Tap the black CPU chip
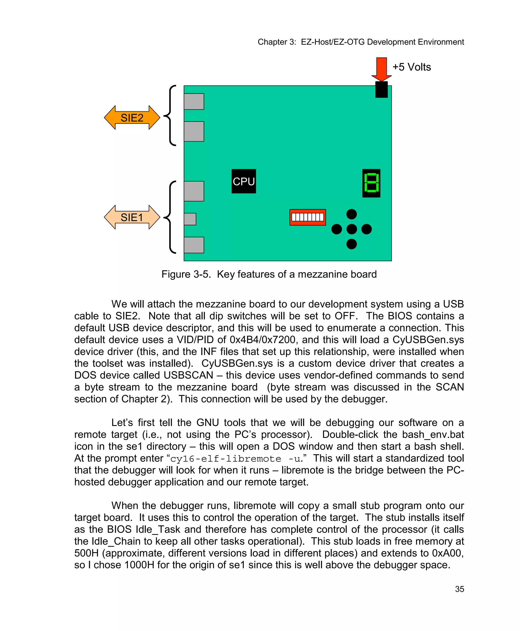pyautogui.click(x=243, y=181)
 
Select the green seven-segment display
pyautogui.click(x=371, y=183)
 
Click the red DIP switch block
pyautogui.click(x=308, y=217)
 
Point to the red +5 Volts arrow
pyautogui.click(x=381, y=69)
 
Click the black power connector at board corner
pyautogui.click(x=381, y=90)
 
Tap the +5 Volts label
pyautogui.click(x=412, y=67)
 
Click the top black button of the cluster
pyautogui.click(x=351, y=214)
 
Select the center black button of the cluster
pyautogui.click(x=351, y=229)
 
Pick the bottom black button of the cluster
pyautogui.click(x=351, y=244)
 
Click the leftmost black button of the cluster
pyautogui.click(x=336, y=229)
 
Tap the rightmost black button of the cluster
pyautogui.click(x=366, y=229)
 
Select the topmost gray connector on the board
pyautogui.click(x=194, y=101)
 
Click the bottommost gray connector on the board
pyautogui.click(x=194, y=245)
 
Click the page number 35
pyautogui.click(x=460, y=589)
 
